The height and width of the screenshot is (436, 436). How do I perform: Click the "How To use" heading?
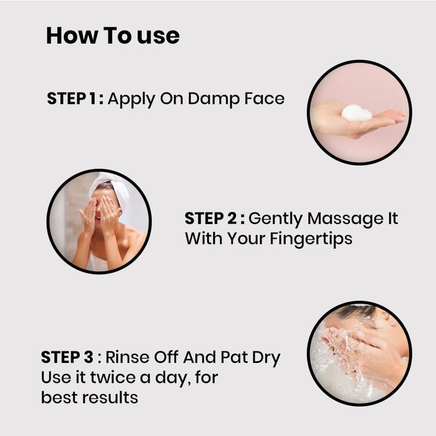113,36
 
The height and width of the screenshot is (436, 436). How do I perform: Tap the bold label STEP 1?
72,99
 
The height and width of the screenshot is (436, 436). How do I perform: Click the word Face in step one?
264,99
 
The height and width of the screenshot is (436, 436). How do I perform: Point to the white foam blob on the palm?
356,113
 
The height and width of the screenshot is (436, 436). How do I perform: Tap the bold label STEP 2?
210,219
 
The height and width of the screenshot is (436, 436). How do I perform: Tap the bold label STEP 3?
67,357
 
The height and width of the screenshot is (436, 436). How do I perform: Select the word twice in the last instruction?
113,377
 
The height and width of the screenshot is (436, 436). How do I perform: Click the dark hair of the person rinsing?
355,312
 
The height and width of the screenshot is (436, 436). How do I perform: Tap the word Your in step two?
246,239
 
